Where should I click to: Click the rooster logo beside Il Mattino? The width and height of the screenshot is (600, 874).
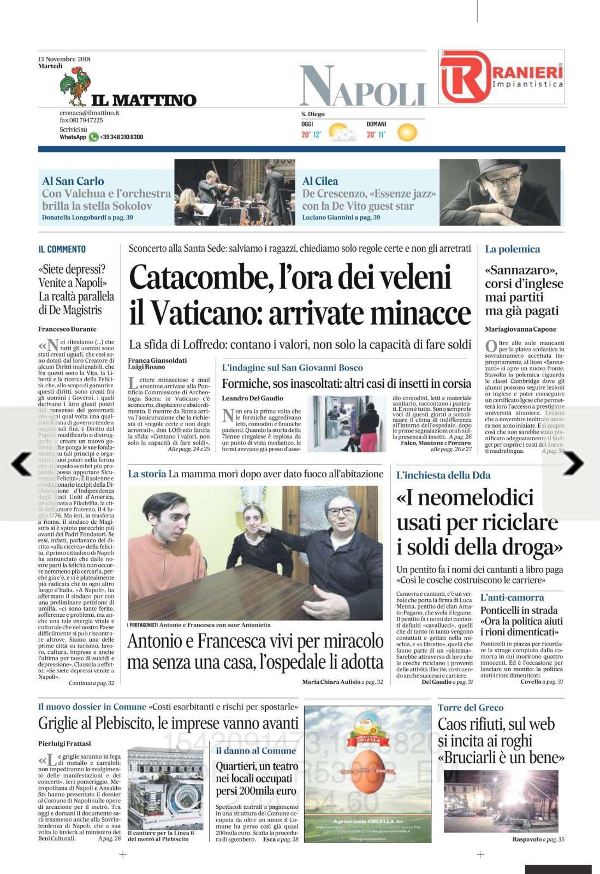point(74,88)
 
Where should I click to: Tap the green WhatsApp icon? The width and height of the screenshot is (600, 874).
point(94,137)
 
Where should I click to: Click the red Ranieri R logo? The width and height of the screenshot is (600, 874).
point(465,76)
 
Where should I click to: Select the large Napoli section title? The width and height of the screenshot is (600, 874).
point(362,86)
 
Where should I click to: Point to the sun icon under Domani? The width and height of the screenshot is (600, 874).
point(407,132)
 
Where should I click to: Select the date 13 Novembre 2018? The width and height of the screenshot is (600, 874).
point(64,59)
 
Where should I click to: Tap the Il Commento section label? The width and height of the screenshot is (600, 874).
point(62,249)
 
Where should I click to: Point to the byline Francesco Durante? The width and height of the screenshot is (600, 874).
point(67,329)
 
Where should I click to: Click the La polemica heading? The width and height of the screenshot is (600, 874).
point(512,249)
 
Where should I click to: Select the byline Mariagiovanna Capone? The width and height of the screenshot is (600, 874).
point(521,329)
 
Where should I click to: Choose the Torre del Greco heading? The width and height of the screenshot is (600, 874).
point(470,707)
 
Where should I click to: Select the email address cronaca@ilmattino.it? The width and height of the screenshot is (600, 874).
point(89,113)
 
